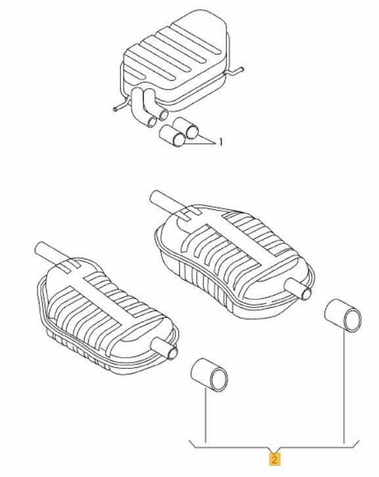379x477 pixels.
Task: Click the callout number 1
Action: click(x=221, y=141)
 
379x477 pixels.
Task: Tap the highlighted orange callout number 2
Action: click(x=274, y=459)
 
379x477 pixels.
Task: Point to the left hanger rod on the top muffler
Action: click(x=121, y=106)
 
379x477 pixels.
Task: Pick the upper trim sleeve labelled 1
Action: click(x=186, y=128)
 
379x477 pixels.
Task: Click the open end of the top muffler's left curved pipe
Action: click(x=152, y=122)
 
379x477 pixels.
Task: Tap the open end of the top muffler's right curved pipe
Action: click(x=164, y=114)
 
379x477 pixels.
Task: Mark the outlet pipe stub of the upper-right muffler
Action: click(x=298, y=289)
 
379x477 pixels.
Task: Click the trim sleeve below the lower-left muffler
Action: click(x=210, y=376)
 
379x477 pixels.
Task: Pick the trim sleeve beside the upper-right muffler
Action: click(x=343, y=315)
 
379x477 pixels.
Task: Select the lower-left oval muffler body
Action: click(x=106, y=316)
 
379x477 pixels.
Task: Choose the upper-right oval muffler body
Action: click(x=234, y=262)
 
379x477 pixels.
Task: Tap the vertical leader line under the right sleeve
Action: click(x=344, y=386)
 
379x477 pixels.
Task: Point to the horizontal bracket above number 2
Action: click(x=274, y=447)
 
